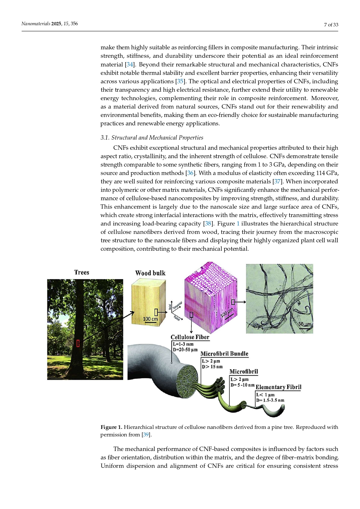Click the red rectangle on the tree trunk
pyautogui.click(x=78, y=343)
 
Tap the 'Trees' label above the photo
pyautogui.click(x=82, y=272)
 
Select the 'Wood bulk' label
pyautogui.click(x=150, y=273)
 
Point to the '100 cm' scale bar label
pyautogui.click(x=150, y=319)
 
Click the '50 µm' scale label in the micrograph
pyautogui.click(x=305, y=324)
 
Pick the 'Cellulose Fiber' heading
pyautogui.click(x=190, y=337)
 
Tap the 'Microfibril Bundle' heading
pyautogui.click(x=225, y=354)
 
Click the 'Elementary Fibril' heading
pyautogui.click(x=278, y=387)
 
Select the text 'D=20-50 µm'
pyautogui.click(x=185, y=350)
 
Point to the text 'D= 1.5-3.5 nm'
pyautogui.click(x=270, y=400)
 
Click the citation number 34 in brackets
pyautogui.click(x=130, y=64)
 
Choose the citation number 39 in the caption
pyautogui.click(x=146, y=435)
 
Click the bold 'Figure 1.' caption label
pyautogui.click(x=111, y=427)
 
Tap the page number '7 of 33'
pyautogui.click(x=331, y=25)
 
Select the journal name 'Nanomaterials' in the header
pyautogui.click(x=36, y=24)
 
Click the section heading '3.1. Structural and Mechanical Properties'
pyautogui.click(x=152, y=138)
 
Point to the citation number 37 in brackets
pyautogui.click(x=277, y=182)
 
